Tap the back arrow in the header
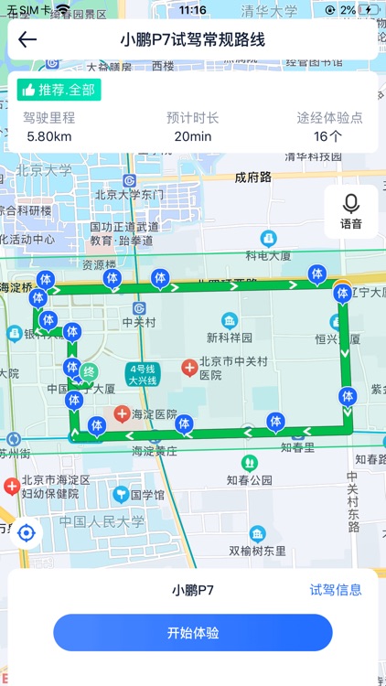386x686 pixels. (x=27, y=39)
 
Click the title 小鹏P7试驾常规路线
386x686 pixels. (x=193, y=39)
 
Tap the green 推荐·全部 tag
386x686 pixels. (x=59, y=90)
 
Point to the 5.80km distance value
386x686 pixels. (x=49, y=136)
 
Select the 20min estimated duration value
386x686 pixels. (x=193, y=136)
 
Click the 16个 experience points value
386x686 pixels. (x=329, y=136)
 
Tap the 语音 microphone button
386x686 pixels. (x=351, y=211)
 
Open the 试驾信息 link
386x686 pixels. (x=336, y=590)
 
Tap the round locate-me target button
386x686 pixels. (x=27, y=532)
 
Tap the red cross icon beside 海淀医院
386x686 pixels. (x=122, y=415)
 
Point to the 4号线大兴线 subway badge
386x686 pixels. (x=142, y=374)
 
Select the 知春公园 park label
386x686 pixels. (x=251, y=479)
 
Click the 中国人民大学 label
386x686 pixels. (x=102, y=521)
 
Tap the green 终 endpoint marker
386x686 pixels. (x=89, y=371)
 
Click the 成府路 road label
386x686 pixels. (x=253, y=177)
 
